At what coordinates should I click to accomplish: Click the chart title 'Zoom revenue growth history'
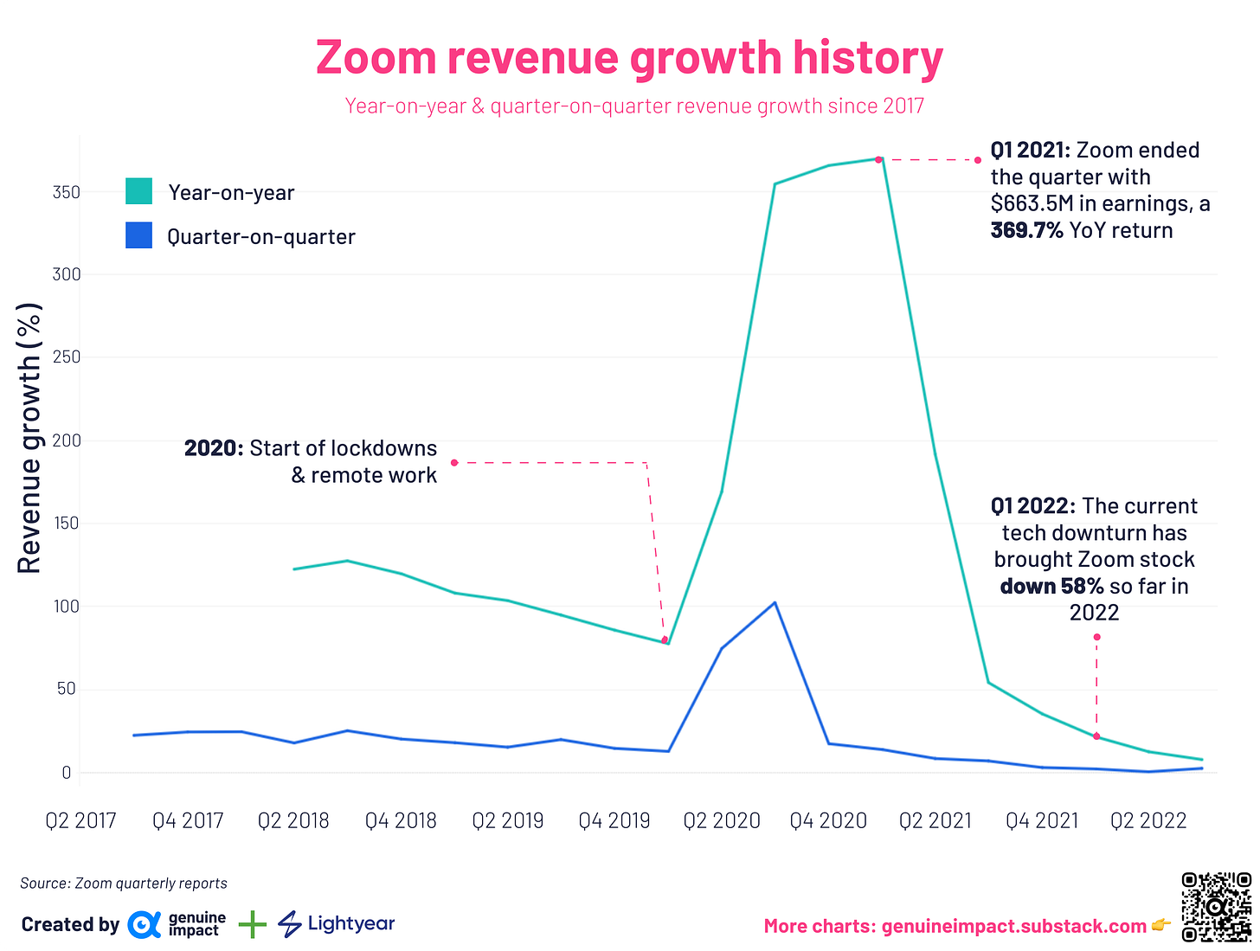pos(629,58)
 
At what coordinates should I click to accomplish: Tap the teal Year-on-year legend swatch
pos(138,191)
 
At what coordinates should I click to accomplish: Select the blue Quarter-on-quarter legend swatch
pos(138,236)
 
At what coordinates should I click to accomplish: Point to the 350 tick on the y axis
pos(67,192)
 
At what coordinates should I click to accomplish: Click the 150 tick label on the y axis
pos(67,524)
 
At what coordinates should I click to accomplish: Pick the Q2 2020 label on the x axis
pos(721,820)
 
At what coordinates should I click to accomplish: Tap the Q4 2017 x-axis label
pos(188,820)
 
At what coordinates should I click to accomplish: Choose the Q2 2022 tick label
pos(1148,820)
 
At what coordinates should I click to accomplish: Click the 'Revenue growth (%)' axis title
pos(29,438)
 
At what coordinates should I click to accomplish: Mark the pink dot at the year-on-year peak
pos(878,159)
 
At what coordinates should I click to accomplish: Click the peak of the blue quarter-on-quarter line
pos(775,602)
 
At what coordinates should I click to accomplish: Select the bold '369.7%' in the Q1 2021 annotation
pos(1026,231)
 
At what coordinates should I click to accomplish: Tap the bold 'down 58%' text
pos(1051,587)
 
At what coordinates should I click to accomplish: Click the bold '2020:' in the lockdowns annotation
pos(214,448)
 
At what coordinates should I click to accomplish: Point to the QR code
pos(1216,907)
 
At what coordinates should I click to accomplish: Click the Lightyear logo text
pos(350,923)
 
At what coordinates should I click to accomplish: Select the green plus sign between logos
pos(252,925)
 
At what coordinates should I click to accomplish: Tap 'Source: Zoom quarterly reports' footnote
pos(124,884)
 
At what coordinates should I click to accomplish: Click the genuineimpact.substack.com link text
pos(1013,926)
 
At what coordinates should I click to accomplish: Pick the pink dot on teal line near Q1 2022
pos(1096,736)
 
